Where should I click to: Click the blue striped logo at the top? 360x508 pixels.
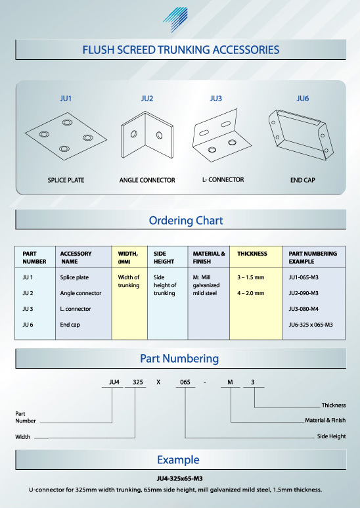coord(176,20)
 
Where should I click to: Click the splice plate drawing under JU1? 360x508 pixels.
coord(66,137)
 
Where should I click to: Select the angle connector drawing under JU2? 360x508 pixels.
coord(147,135)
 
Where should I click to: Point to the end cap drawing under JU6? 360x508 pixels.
coord(301,135)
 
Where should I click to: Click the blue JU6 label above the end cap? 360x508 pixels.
coord(302,99)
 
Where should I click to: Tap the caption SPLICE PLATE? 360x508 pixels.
coord(66,180)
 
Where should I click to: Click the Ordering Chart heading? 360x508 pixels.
coord(186,220)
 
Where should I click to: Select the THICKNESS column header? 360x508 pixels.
coord(252,254)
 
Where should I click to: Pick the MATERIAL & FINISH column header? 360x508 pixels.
coord(209,258)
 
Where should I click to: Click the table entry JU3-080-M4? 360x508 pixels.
coord(304,309)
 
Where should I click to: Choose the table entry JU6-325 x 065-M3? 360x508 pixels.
coord(311,325)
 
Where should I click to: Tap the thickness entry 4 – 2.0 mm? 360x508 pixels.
coord(250,293)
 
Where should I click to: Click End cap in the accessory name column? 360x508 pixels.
coord(70,325)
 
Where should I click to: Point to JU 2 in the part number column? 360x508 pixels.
coord(28,293)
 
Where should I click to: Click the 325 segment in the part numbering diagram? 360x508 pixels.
coord(138,382)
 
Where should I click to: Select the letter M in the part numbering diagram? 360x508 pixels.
coord(230,382)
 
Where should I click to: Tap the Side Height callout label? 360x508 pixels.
coord(332,436)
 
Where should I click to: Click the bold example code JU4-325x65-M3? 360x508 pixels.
coord(180,478)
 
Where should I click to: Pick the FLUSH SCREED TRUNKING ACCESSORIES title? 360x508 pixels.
coord(181,50)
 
